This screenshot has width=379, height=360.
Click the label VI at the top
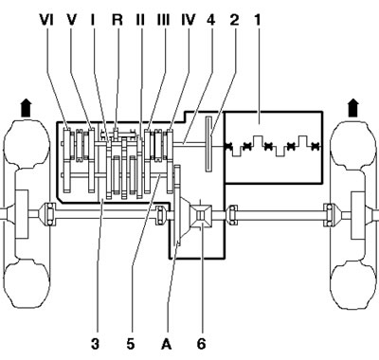[x=46, y=20]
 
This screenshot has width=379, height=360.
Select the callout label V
[x=72, y=20]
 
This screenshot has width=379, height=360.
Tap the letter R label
[x=117, y=20]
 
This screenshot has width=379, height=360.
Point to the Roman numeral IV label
[x=189, y=20]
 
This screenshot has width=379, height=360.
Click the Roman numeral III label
[x=163, y=20]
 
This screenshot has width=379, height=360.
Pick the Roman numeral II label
[x=140, y=20]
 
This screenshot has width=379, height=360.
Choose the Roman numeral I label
[x=93, y=20]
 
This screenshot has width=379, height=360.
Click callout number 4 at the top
[x=211, y=20]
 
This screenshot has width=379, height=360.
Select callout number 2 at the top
[x=234, y=20]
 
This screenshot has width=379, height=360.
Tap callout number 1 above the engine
[x=258, y=20]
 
